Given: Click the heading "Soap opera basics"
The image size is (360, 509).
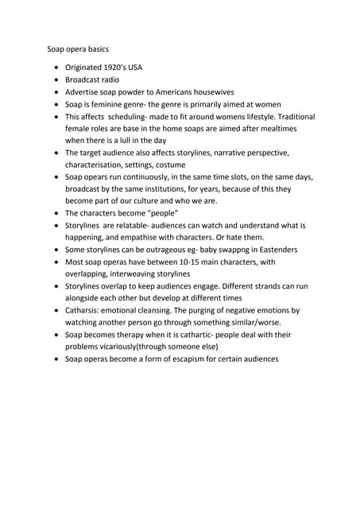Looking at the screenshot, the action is (77, 49).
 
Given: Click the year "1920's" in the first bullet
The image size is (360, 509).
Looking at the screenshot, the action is (110, 68).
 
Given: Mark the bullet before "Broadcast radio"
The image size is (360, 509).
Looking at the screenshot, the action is (56, 80).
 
